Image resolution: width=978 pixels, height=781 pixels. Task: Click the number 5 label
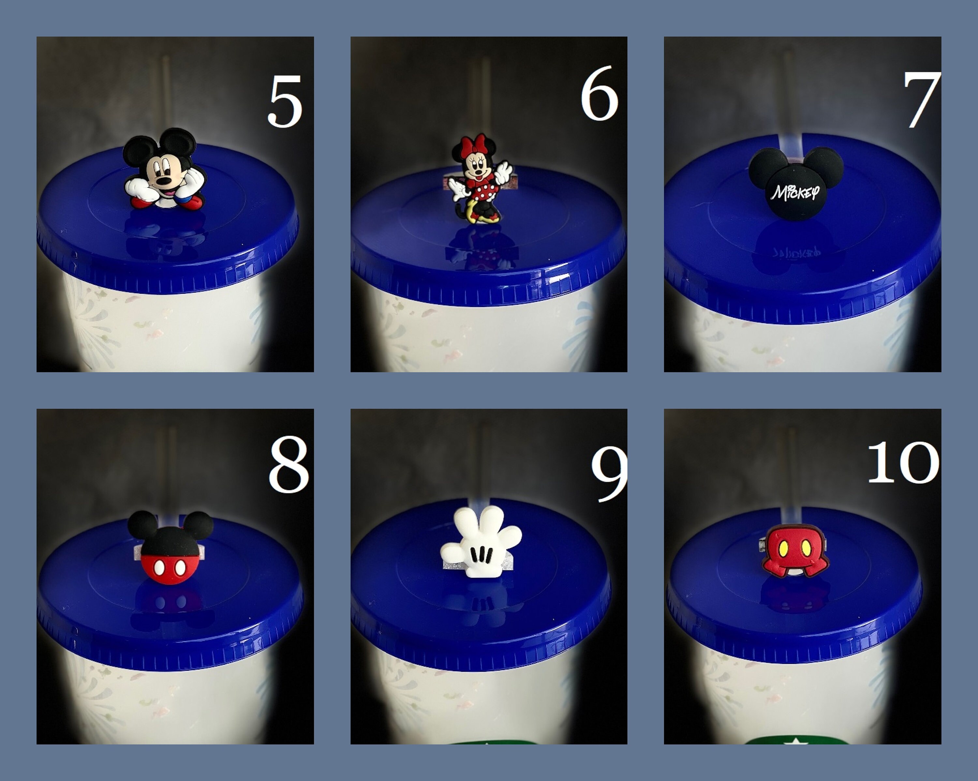click(285, 102)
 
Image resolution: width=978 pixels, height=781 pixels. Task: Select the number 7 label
click(921, 100)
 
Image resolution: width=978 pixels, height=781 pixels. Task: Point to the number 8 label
click(289, 465)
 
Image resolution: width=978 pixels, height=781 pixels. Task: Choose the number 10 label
click(903, 463)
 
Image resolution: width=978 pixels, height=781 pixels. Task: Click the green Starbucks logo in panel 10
click(796, 741)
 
